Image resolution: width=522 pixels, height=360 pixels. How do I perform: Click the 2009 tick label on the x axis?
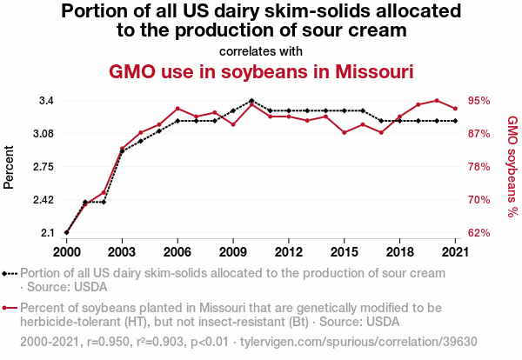(x=232, y=251)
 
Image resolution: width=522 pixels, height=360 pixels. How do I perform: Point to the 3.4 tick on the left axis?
(x=45, y=101)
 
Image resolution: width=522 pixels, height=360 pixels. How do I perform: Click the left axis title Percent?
(x=10, y=167)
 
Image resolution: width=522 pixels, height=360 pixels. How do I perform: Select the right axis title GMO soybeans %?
(x=512, y=166)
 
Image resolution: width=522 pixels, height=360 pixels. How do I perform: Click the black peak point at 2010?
(x=251, y=101)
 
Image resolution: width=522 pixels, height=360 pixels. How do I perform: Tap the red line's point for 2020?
(x=437, y=101)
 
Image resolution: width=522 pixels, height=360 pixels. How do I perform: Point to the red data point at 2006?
(x=177, y=109)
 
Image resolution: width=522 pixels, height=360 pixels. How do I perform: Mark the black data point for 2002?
(x=104, y=202)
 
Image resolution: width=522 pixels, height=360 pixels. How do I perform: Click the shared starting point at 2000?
(x=66, y=233)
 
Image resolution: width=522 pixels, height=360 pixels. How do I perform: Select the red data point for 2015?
(x=345, y=132)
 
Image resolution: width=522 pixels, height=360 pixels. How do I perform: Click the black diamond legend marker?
(x=10, y=272)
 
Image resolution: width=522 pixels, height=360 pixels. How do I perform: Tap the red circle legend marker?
(x=10, y=308)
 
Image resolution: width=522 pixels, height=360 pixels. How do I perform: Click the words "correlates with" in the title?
(x=261, y=50)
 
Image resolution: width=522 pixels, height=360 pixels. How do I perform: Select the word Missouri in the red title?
(x=365, y=70)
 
